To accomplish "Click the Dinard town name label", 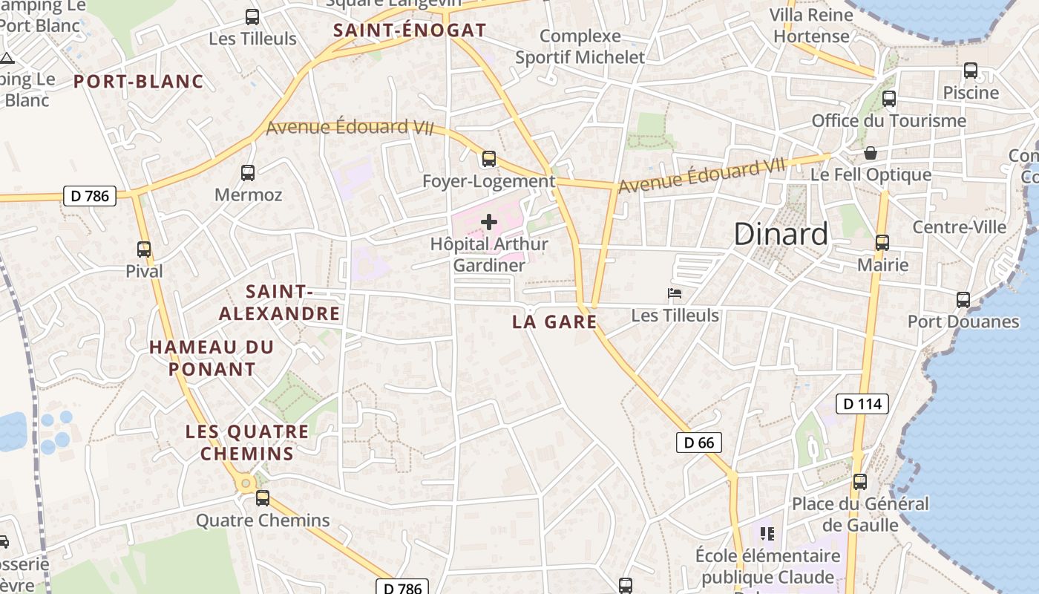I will point(781,234).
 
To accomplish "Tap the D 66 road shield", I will point(698,443).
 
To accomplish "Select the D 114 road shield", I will point(862,404).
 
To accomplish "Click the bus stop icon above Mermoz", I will point(248,173).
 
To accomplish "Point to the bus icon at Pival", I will point(144,249).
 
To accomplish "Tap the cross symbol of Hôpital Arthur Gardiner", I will point(489,221).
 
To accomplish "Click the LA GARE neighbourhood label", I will point(554,322).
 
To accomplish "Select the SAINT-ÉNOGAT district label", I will point(410,30).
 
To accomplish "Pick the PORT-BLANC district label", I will point(138,82).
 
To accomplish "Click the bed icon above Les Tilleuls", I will point(675,293).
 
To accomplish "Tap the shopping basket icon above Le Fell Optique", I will point(871,153).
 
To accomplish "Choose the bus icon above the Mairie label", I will point(882,243).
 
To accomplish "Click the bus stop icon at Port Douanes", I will point(963,300).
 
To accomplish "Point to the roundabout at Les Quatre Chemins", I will point(246,484).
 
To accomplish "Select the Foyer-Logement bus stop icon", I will point(488,158).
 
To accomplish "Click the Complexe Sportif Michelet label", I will point(580,46).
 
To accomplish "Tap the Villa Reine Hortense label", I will point(811,25).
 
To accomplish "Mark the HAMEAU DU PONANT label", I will point(212,357).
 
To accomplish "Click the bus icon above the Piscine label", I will point(970,71).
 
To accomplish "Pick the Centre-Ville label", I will point(959,227).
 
